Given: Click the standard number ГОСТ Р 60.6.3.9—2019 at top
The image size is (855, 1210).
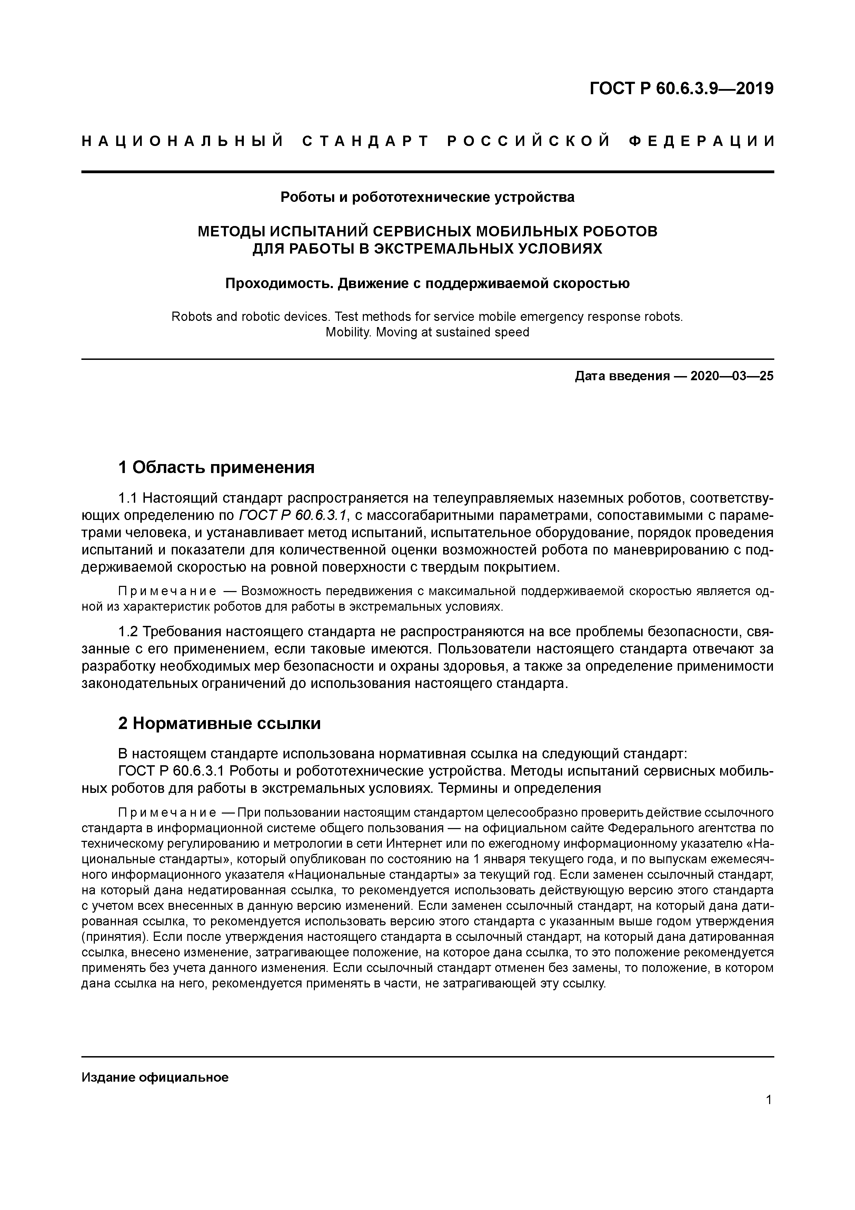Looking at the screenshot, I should coord(681,89).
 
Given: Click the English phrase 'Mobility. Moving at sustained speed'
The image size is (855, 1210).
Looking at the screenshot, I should coord(427,333).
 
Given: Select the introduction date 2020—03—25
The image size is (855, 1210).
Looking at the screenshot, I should coord(732,376).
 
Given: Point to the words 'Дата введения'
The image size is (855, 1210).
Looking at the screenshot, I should coord(622,376).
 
